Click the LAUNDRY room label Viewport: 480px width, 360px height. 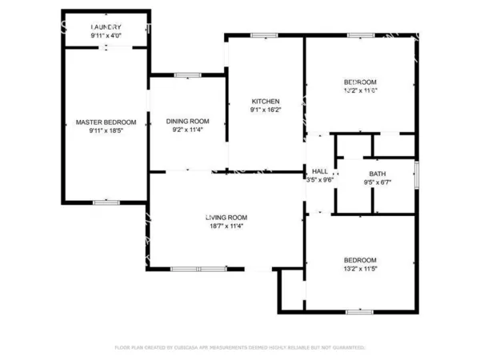point(106,26)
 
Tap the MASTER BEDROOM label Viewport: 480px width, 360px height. point(106,122)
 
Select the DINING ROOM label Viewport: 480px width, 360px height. point(187,121)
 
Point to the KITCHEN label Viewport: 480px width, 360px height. point(266,102)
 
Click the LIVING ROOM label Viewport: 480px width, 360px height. point(226,218)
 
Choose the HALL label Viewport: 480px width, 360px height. point(320,171)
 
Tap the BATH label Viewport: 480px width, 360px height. point(377,174)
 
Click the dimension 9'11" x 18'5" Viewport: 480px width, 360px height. point(106,130)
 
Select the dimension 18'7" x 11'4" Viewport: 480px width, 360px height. point(226,226)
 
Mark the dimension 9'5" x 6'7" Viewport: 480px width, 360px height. point(377,182)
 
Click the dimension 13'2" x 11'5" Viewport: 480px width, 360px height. point(360,268)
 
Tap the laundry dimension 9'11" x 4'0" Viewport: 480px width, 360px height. point(106,34)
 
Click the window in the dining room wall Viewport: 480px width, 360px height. point(188,75)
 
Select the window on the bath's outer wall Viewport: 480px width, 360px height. point(417,174)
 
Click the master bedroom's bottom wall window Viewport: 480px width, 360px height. point(106,203)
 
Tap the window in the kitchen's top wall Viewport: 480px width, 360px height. point(265,35)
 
